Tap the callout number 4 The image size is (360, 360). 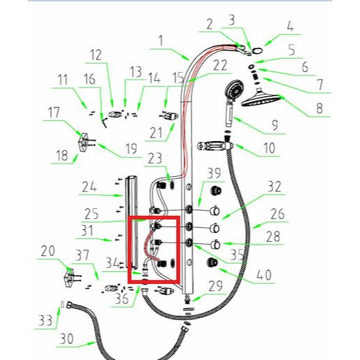click(289, 28)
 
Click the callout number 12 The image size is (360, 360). click(96, 55)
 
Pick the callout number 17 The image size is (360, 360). click(52, 111)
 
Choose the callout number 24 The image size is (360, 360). click(88, 187)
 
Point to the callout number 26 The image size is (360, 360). click(278, 213)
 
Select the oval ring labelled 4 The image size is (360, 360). click(258, 50)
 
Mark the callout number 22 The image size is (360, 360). click(220, 66)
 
